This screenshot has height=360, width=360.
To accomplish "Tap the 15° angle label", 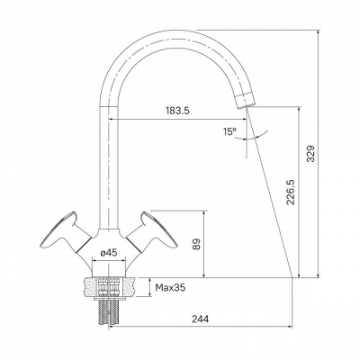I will [232, 131].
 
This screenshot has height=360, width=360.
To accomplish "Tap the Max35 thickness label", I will [169, 289].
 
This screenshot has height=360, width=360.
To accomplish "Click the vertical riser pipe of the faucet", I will [109, 162].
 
